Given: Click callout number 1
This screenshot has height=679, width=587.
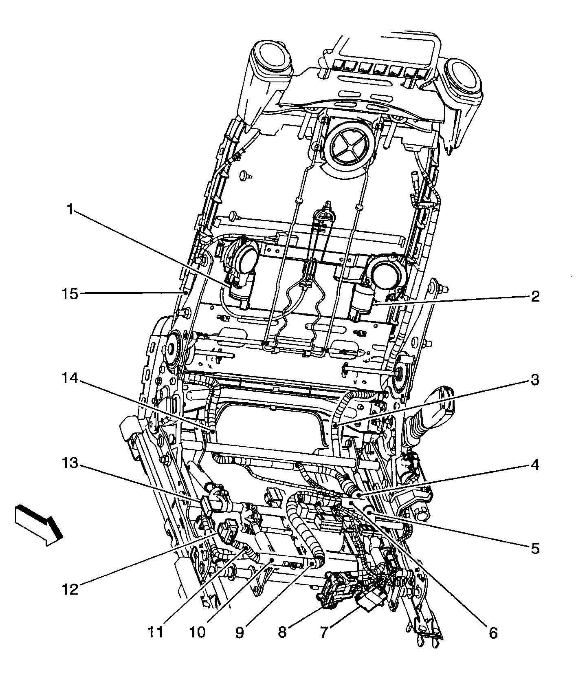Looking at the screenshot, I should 70,210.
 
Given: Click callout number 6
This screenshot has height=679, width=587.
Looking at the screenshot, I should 493,633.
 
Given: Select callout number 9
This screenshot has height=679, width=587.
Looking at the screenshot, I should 240,633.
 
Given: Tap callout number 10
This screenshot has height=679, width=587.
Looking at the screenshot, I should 197,633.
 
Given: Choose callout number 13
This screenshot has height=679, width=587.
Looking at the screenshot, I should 70,463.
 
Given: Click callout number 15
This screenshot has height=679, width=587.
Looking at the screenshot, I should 70,294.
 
